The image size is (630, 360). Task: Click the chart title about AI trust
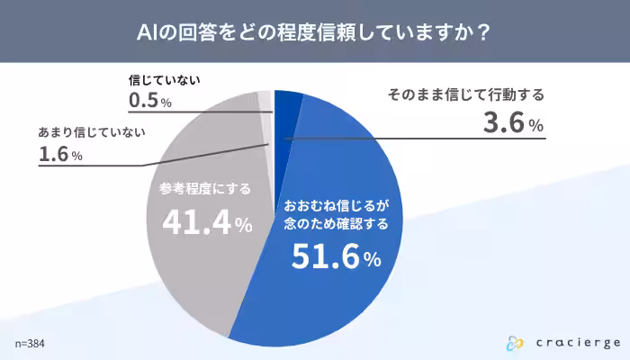314,32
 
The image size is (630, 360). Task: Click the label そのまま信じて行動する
466,94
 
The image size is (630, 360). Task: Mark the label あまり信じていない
92,132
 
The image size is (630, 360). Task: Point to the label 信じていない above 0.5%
164,79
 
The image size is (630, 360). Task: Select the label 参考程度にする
205,189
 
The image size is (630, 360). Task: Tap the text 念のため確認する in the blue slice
336,223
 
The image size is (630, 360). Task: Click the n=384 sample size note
30,344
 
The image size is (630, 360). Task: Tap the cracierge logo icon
515,342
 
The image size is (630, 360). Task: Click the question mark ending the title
483,32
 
